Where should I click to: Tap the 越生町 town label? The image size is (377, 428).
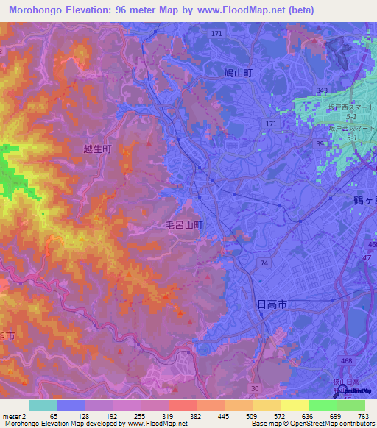pyautogui.click(x=97, y=148)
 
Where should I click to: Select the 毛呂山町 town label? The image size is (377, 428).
pyautogui.click(x=183, y=227)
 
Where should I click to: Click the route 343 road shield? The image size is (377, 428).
pyautogui.click(x=321, y=90)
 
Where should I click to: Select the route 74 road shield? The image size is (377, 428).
pyautogui.click(x=264, y=262)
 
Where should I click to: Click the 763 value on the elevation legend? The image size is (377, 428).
pyautogui.click(x=364, y=415)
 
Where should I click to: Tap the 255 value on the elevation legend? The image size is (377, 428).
pyautogui.click(x=140, y=415)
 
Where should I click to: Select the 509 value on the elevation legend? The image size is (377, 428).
pyautogui.click(x=252, y=415)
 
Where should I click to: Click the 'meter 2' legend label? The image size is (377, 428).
pyautogui.click(x=14, y=415)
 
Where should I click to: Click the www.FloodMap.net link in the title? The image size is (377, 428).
pyautogui.click(x=246, y=10)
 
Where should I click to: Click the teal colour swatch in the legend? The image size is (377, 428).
pyautogui.click(x=43, y=405)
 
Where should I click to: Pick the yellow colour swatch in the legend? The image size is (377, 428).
pyautogui.click(x=295, y=405)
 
